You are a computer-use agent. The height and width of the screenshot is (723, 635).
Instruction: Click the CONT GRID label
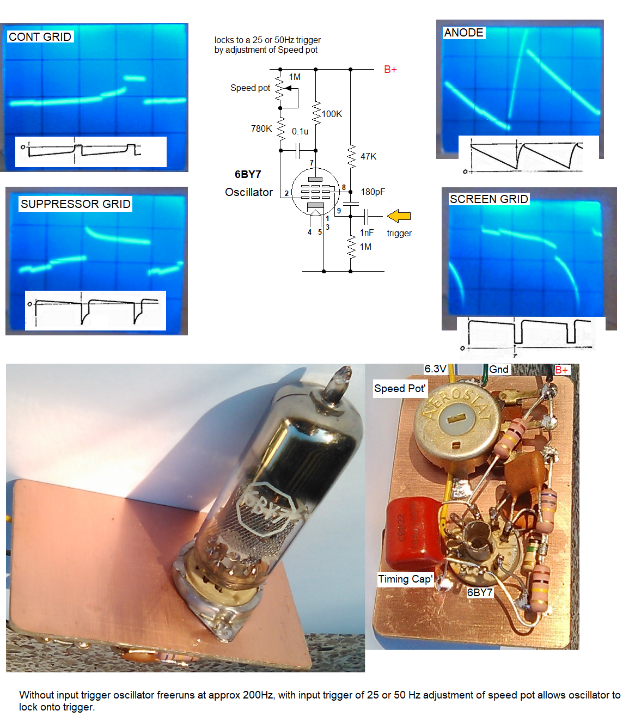pos(40,37)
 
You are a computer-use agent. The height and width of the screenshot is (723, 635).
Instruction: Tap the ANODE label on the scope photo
pos(463,33)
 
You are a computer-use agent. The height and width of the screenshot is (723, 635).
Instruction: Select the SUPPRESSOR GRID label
pos(75,204)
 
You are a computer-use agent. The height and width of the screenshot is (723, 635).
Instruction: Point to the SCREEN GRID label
pos(489,199)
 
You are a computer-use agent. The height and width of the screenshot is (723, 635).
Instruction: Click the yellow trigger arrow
pos(399,216)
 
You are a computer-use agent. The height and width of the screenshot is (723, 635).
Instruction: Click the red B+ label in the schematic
pos(390,70)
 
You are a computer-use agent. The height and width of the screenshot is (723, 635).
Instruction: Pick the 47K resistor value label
pos(368,156)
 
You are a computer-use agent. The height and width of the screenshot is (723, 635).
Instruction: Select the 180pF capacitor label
pos(373,192)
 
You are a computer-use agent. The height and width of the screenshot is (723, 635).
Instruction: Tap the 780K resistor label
pos(261,128)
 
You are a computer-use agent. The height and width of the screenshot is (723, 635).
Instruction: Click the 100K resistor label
pos(332,114)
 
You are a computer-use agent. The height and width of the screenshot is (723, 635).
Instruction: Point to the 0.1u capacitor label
pos(300,131)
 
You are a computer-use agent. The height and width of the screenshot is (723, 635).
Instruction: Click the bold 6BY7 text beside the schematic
pos(248,174)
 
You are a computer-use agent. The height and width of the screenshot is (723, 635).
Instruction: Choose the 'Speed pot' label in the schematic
pos(250,88)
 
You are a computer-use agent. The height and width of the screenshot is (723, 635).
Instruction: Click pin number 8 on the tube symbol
pos(344,187)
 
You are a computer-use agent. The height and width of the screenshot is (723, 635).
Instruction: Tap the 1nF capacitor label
pos(367,232)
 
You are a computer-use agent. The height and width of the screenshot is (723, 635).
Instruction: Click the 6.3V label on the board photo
pos(435,369)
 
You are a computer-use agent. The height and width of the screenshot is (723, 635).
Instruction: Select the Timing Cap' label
pos(406,579)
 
